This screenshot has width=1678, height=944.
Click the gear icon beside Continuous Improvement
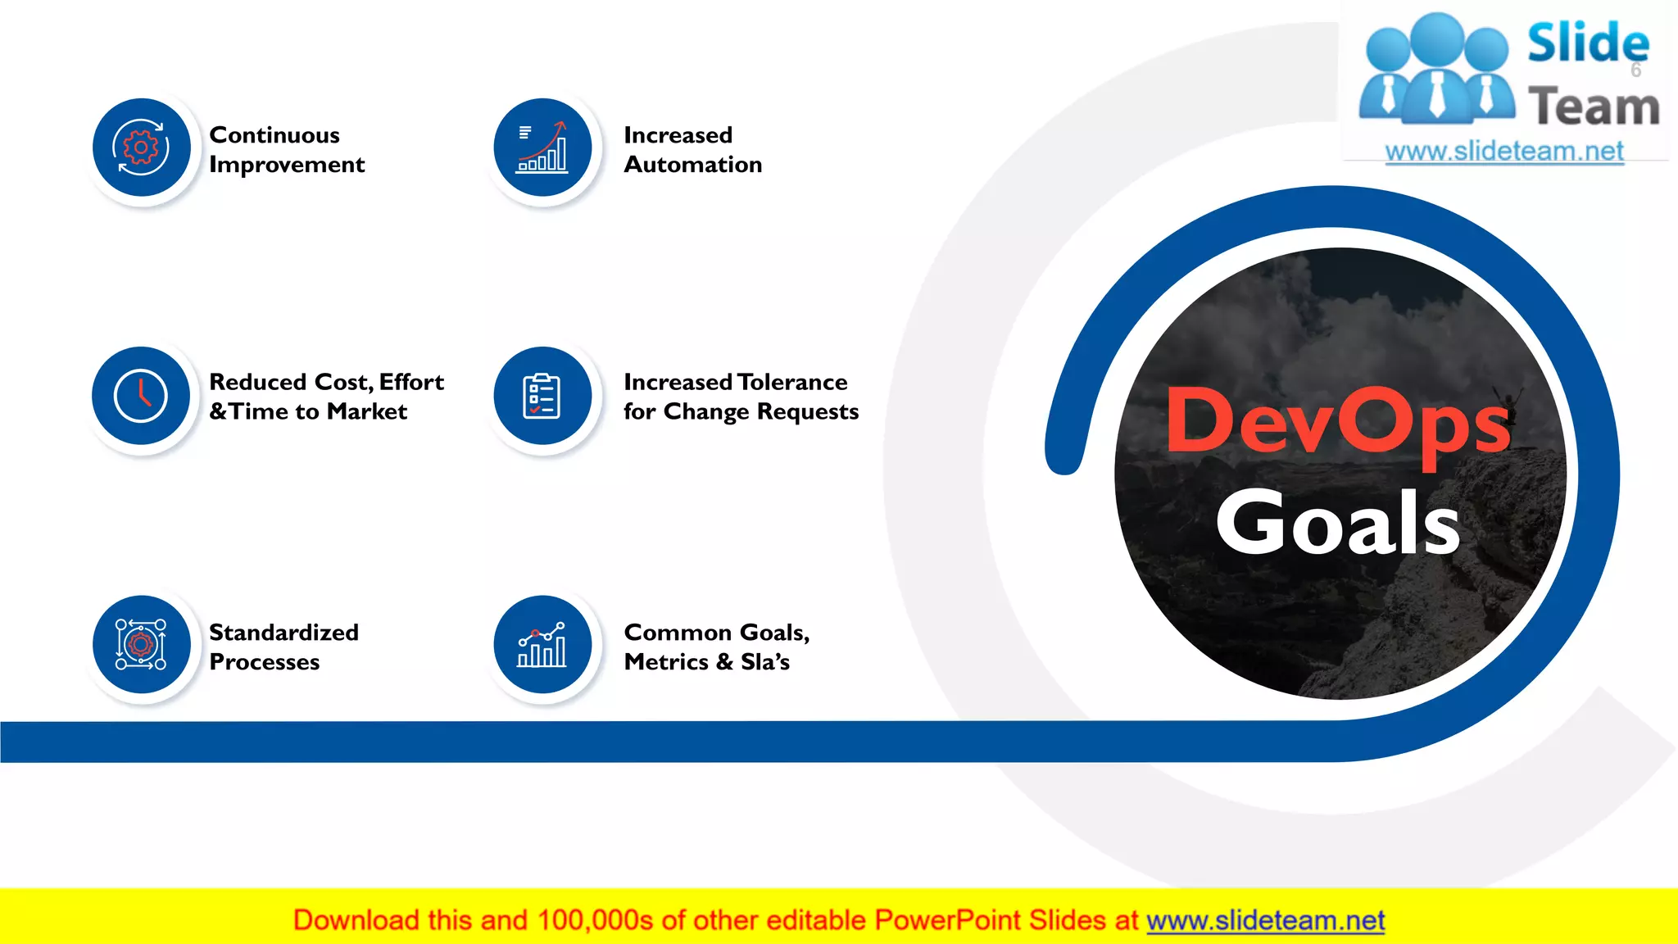(141, 147)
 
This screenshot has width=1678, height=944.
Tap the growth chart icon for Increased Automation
(542, 147)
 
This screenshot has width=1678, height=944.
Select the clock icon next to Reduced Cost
(141, 396)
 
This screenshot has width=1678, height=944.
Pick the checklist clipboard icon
(542, 396)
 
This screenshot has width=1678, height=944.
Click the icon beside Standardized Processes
(141, 644)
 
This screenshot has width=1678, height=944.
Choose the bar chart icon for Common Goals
(542, 644)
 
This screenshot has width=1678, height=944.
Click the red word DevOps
(1337, 422)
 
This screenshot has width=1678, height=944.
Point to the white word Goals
(1337, 523)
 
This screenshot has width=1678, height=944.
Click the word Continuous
(274, 135)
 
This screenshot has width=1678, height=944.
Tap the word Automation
(693, 165)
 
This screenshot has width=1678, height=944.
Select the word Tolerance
(793, 382)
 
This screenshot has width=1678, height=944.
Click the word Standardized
(283, 633)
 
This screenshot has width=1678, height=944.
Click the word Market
(367, 411)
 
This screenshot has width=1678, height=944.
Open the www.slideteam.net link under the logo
(1504, 152)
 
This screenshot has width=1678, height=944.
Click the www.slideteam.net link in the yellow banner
(1265, 921)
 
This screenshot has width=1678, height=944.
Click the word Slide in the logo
(1588, 43)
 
